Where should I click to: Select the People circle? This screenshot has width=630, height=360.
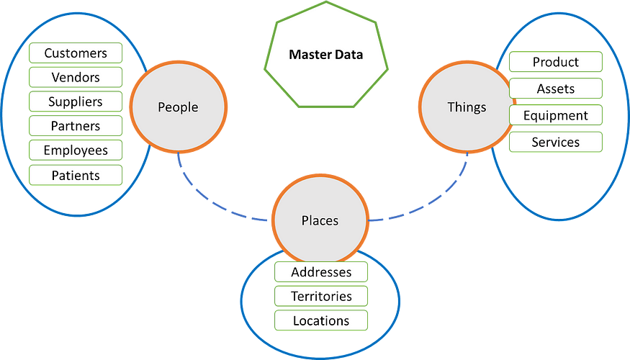click(x=178, y=107)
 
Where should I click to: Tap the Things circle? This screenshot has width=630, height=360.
click(x=467, y=107)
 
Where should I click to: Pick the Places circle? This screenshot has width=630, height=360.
click(x=320, y=220)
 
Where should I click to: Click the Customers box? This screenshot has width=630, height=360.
click(x=76, y=53)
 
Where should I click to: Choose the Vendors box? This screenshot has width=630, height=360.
click(x=76, y=78)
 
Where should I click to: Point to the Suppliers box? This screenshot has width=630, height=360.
click(x=76, y=102)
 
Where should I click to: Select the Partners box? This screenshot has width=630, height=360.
click(x=76, y=126)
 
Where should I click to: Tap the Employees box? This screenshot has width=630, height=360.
click(x=76, y=150)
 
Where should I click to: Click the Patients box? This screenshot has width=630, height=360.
click(x=76, y=175)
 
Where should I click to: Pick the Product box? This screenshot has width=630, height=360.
click(x=555, y=62)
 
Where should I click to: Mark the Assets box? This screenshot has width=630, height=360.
click(x=555, y=89)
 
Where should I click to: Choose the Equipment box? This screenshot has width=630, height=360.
click(x=555, y=115)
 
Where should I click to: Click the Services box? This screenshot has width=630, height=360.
click(x=555, y=142)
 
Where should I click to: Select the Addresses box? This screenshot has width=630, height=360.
click(x=321, y=272)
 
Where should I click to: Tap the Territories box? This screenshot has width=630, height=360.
click(x=321, y=296)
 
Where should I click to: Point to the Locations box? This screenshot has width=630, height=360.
click(x=321, y=320)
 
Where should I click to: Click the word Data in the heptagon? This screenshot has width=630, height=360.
click(x=348, y=54)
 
